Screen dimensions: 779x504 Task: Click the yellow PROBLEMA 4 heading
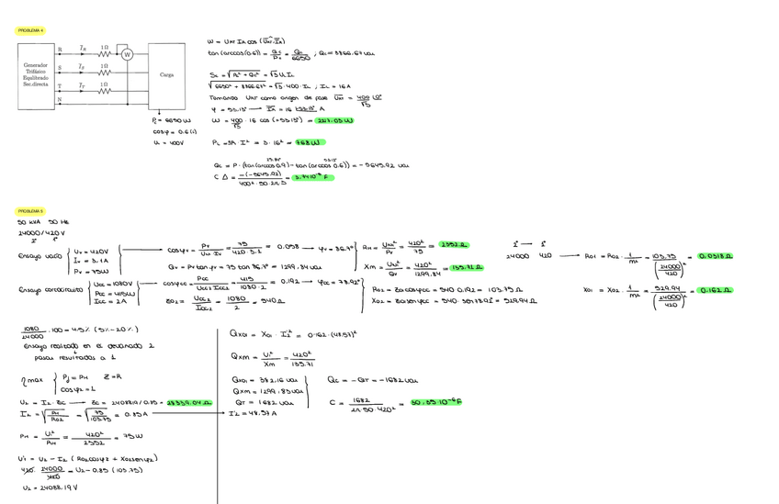(31, 30)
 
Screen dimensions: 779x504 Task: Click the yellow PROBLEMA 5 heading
(31, 210)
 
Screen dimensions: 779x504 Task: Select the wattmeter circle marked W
(128, 55)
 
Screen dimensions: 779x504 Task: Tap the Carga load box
(166, 75)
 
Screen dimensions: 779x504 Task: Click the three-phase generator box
(36, 75)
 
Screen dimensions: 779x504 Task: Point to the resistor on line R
(105, 53)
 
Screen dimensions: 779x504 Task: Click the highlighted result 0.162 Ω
(716, 290)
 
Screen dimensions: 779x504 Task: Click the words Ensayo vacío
(37, 256)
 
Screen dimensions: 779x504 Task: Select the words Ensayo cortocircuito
(45, 291)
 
